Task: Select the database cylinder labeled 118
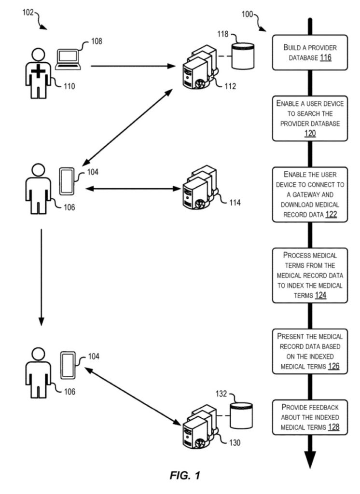pos(242,56)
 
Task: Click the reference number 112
pos(230,86)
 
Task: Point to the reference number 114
pos(235,202)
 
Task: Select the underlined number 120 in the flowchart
pos(310,133)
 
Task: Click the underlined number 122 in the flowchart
pos(331,215)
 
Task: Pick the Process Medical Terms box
pos(309,275)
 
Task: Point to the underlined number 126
pos(333,366)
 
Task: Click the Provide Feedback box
pos(309,417)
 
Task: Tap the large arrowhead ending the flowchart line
pos(309,459)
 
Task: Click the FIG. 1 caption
pos(185,475)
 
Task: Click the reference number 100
pos(248,14)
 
